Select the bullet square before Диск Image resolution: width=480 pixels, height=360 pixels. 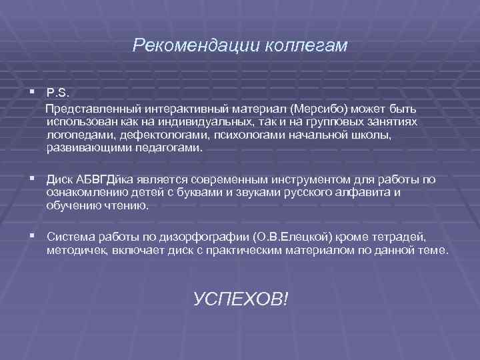tap(33, 179)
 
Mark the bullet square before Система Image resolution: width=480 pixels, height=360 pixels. tap(33, 236)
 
